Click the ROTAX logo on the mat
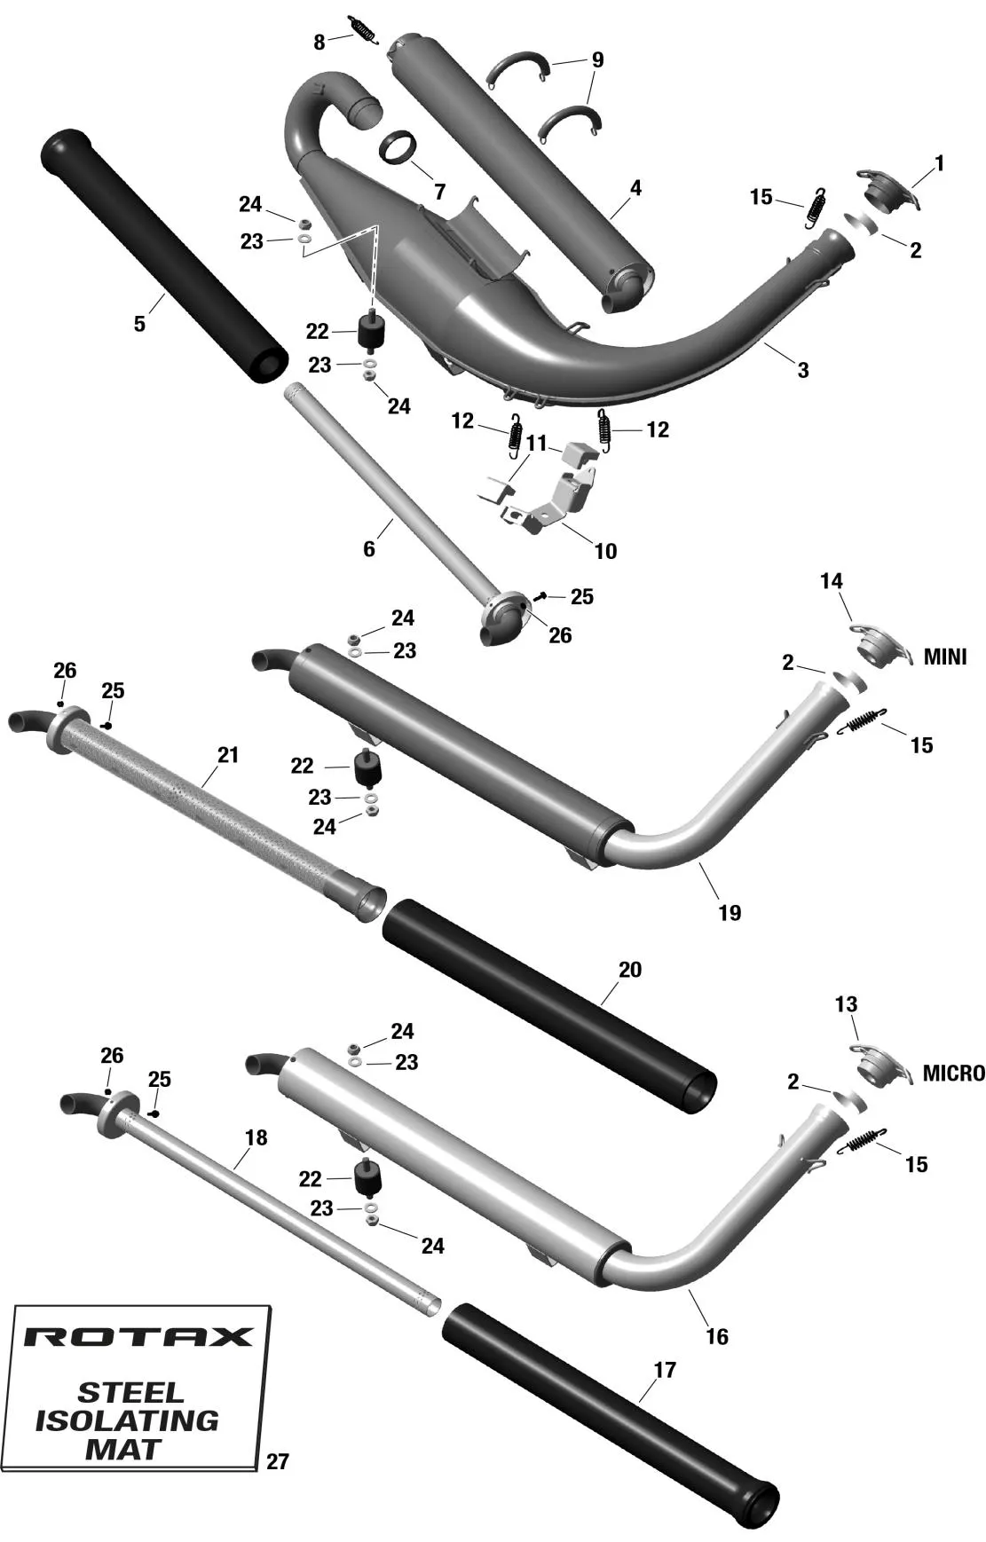click(138, 1337)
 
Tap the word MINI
click(945, 657)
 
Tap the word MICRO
click(953, 1074)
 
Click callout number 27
click(278, 1461)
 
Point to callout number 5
click(139, 324)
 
